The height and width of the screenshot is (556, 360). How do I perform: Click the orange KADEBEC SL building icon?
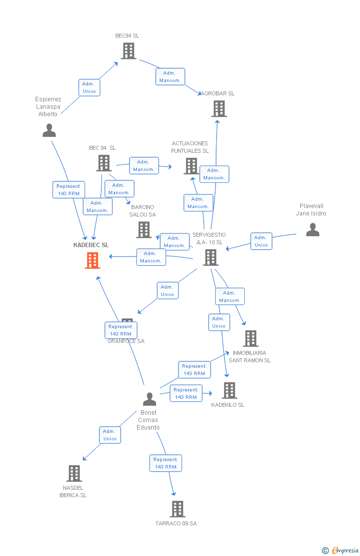pos(92,260)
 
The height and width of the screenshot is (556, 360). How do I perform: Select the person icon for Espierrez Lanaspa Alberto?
pos(49,130)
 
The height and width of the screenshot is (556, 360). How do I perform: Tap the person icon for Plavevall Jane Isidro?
pos(313,230)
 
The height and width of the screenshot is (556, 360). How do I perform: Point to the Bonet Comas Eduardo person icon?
pos(149,399)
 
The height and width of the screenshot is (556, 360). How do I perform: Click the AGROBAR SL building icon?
pos(219,109)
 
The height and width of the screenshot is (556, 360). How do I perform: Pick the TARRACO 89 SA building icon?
pos(178,509)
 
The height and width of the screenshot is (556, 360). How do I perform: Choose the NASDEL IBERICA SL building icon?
pos(74,473)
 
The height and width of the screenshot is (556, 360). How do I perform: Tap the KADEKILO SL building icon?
pos(229,390)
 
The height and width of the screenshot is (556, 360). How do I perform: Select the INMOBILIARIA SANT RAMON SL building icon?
pos(251,339)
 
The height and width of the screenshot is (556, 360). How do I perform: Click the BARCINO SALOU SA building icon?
pos(144,230)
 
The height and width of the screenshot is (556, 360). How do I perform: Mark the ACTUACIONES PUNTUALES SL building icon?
pos(191,166)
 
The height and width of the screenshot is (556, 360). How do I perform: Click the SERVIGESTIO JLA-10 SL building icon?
pos(211,257)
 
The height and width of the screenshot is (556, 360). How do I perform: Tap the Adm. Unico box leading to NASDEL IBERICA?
pos(110,435)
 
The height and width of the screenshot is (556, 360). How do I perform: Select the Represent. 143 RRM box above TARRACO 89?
pos(166,463)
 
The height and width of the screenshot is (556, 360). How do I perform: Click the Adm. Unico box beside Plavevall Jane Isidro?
pos(261,241)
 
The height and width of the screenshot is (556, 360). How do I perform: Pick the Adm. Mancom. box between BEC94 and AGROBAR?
pos(171,77)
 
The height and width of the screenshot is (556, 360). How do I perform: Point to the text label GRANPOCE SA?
pos(126,341)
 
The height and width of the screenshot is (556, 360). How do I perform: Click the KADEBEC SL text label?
pos(91,245)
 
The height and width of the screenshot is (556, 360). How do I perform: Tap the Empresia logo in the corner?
pos(341,550)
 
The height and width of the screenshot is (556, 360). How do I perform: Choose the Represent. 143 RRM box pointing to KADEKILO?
pos(186,393)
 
